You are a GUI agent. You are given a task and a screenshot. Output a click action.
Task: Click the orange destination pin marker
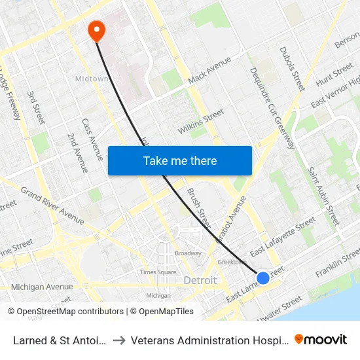point(96,29)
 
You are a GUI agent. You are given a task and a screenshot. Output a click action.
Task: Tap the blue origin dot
point(262,278)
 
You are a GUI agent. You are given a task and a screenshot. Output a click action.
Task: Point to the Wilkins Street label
point(201,122)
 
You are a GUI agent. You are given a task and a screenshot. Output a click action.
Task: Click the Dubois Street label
point(293,69)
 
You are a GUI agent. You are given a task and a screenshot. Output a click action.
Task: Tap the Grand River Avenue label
point(52,202)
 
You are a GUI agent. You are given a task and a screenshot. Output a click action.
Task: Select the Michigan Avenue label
point(42,287)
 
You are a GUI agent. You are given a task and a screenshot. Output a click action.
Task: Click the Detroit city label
point(200,280)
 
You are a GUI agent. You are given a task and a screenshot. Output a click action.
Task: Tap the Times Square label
point(158,272)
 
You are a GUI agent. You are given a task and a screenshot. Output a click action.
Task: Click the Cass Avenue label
point(92,139)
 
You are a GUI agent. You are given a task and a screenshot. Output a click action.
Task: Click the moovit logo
point(321,339)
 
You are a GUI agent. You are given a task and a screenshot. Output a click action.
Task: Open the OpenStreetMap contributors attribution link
point(67,312)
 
